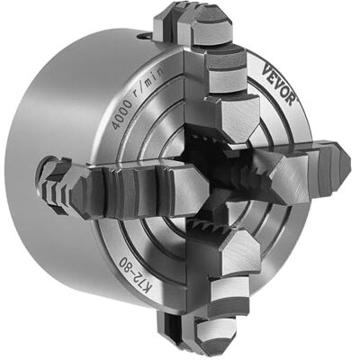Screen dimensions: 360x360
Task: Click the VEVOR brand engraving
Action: [278, 85]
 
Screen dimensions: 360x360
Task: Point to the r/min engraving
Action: [149, 82]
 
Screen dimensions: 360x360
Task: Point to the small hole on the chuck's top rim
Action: [143, 36]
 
